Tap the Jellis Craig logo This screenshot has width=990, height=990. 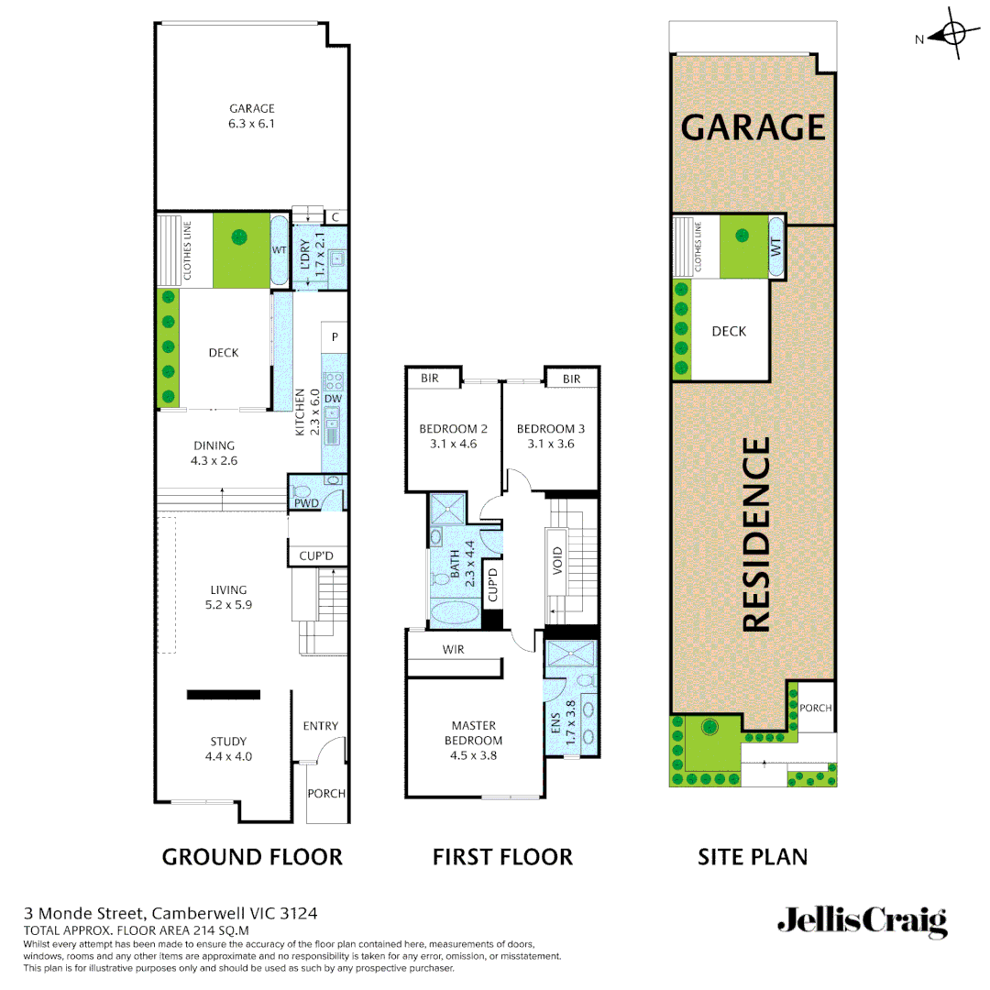coord(862,921)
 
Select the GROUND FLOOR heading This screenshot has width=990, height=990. coord(252,857)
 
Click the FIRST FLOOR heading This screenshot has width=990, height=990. coord(502,857)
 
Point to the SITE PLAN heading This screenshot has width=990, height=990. coord(753,857)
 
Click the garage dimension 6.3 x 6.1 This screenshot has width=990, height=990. coord(252,124)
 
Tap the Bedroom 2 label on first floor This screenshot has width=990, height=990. coord(453,429)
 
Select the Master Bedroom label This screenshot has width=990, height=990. coord(473,733)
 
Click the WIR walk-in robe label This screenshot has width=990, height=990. coord(453,650)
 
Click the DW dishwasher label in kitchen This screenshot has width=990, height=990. coord(333,399)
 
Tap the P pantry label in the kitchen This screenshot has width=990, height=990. coord(335,337)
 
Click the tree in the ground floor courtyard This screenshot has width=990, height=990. coord(239,237)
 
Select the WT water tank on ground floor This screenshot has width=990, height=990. coord(280,249)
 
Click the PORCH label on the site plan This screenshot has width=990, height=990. coord(816,708)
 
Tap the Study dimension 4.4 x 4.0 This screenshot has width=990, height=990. coord(228,757)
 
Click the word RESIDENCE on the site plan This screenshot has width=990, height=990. coord(754,534)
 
